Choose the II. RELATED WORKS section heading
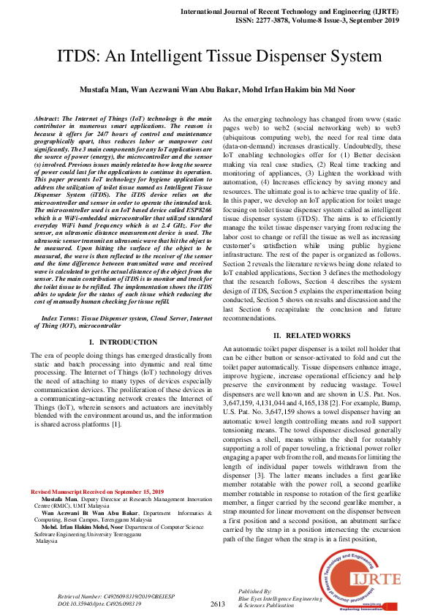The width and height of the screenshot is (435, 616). pyautogui.click(x=312, y=335)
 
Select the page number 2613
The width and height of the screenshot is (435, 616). pyautogui.click(x=218, y=604)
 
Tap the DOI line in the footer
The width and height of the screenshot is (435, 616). pyautogui.click(x=101, y=604)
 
